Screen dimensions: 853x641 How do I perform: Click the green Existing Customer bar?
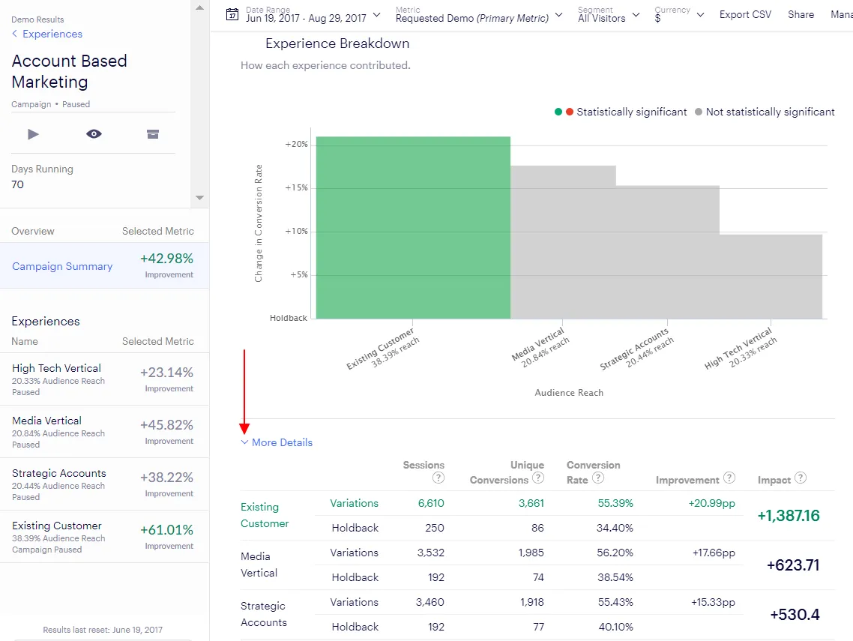click(413, 227)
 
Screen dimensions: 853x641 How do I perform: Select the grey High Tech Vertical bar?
click(771, 277)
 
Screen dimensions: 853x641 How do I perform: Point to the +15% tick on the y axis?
click(297, 187)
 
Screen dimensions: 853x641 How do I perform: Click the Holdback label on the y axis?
click(289, 318)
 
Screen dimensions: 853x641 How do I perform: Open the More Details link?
click(282, 442)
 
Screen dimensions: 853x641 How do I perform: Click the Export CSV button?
click(745, 15)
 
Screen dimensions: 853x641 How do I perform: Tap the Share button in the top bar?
click(801, 15)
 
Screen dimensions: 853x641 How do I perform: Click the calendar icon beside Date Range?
click(232, 15)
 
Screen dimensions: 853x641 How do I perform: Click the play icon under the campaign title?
click(33, 134)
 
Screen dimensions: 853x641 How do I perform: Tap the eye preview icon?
click(94, 134)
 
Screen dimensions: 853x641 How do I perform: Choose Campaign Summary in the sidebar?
click(62, 266)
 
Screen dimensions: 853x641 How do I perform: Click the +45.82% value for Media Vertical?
click(166, 425)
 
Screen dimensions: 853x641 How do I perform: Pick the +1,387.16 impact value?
click(789, 515)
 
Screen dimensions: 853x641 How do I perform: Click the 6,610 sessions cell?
click(431, 503)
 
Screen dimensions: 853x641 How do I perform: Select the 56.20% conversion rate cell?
click(615, 553)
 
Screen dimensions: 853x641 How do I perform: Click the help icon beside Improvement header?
click(729, 478)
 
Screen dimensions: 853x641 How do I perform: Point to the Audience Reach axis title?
click(569, 393)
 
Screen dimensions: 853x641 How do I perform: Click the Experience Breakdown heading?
click(337, 43)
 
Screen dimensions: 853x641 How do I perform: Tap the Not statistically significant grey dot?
click(699, 112)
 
